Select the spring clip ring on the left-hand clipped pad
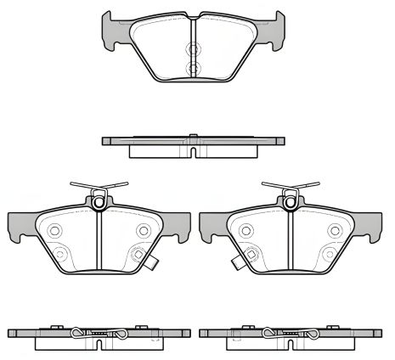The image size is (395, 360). (99, 202)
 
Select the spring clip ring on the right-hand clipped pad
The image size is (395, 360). (289, 202)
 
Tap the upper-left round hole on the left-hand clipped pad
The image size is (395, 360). (55, 230)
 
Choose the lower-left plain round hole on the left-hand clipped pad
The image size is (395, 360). (59, 253)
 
